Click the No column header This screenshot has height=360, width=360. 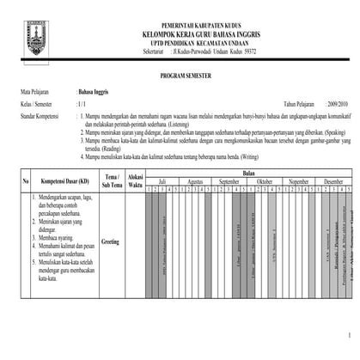click(26, 181)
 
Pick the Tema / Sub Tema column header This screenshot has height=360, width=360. click(113, 181)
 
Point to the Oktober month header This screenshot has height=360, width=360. click(264, 182)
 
